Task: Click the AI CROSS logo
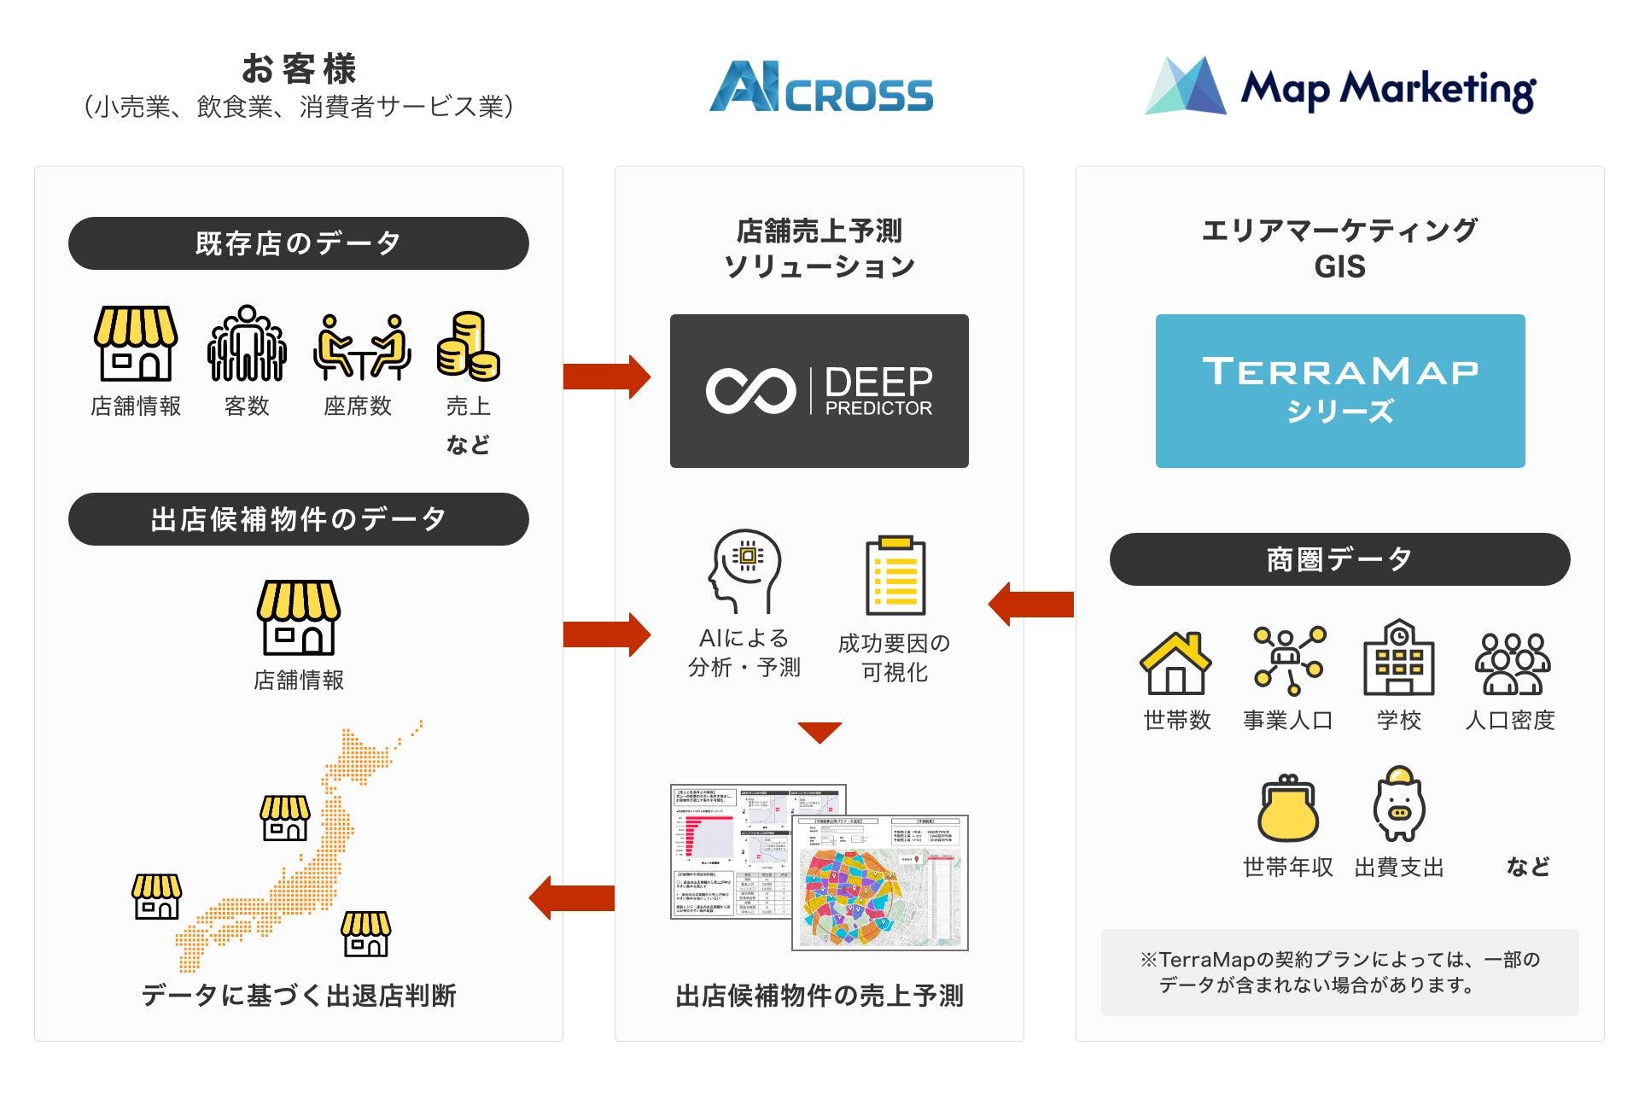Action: point(820,86)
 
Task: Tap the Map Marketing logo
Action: point(1340,87)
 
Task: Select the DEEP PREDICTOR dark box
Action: point(819,390)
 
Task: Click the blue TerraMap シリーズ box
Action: point(1339,390)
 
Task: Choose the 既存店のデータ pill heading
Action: point(298,243)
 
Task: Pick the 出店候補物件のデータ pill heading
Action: point(298,519)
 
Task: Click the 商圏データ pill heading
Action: point(1339,559)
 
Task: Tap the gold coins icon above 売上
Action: point(468,346)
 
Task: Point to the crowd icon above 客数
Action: point(247,344)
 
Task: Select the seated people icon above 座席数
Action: point(362,347)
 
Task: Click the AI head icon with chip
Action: point(744,570)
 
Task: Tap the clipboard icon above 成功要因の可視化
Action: point(895,576)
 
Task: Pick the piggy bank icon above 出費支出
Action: point(1398,804)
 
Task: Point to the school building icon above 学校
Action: point(1398,658)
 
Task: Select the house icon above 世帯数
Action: point(1175,663)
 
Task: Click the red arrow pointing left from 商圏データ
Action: point(1031,604)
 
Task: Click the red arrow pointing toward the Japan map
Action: point(572,898)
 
